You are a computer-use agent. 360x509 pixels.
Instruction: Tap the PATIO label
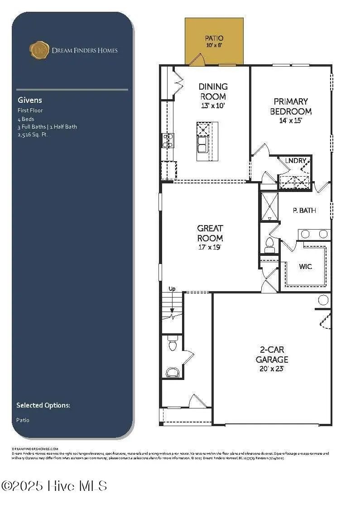(214, 38)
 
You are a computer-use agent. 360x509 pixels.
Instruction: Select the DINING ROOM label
(213, 91)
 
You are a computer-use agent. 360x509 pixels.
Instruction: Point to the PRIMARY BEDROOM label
(291, 106)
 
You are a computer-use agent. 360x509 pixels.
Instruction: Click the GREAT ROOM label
(210, 233)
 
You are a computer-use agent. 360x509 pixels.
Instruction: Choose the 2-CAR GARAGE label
(272, 355)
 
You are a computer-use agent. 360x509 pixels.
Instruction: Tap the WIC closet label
(306, 266)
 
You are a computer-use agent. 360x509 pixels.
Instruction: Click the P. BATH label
(304, 211)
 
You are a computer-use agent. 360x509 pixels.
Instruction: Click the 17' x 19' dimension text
(210, 248)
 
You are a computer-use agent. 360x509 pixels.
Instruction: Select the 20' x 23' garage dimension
(272, 369)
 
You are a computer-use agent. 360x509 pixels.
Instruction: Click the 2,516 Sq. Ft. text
(33, 134)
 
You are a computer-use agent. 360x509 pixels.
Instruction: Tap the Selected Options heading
(43, 405)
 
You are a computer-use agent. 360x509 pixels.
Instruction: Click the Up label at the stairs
(172, 288)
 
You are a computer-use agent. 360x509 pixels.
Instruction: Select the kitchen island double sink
(202, 145)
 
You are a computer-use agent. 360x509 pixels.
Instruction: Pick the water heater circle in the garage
(323, 300)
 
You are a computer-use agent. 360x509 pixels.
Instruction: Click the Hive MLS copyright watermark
(54, 486)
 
